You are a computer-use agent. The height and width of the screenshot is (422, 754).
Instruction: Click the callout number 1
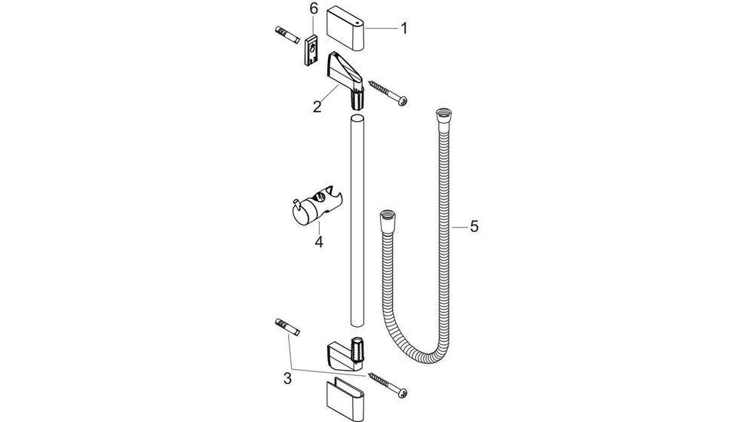tap(404, 29)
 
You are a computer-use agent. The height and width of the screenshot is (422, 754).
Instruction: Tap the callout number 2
tap(317, 105)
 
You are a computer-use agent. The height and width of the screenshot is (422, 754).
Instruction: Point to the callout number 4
tap(318, 243)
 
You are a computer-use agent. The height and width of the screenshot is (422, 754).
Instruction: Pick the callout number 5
tap(473, 227)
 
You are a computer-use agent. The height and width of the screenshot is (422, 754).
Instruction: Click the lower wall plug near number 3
tap(287, 328)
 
